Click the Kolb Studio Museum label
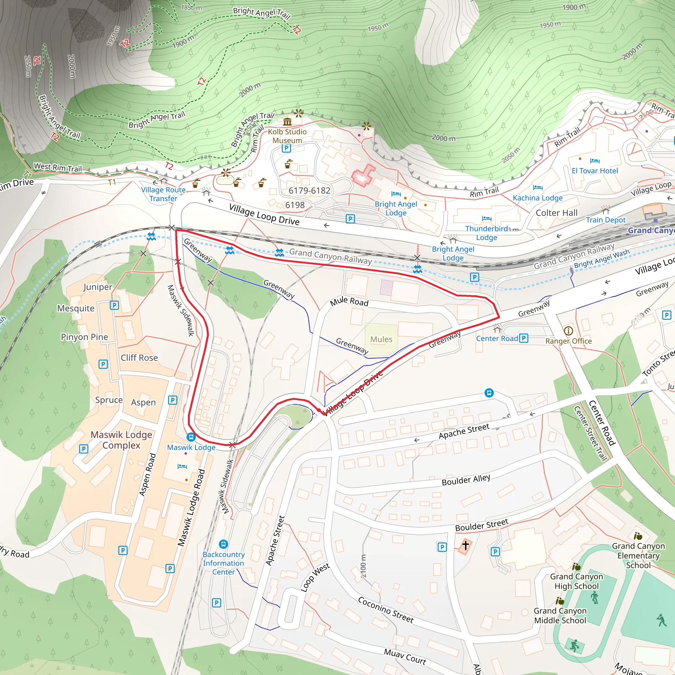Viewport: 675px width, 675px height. [x=287, y=136]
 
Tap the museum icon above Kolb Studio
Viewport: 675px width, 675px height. [x=287, y=122]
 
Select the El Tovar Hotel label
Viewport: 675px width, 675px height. [x=595, y=171]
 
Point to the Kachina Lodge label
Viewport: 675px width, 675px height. [x=537, y=198]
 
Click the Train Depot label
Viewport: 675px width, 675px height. [x=605, y=220]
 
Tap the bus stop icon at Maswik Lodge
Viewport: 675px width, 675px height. [x=191, y=437]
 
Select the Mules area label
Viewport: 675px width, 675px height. [x=381, y=339]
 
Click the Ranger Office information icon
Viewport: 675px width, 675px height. [x=568, y=331]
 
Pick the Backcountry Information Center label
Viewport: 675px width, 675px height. [x=223, y=563]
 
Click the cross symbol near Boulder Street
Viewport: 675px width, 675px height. [x=465, y=545]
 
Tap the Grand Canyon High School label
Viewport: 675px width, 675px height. [x=576, y=581]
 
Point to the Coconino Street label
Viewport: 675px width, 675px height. [x=386, y=610]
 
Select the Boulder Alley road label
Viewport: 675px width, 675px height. [x=466, y=480]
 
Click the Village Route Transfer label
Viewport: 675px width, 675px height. [x=163, y=194]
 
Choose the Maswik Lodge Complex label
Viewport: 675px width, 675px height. [x=121, y=440]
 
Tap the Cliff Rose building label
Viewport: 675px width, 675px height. [x=139, y=357]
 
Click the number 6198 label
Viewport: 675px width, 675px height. [x=295, y=205]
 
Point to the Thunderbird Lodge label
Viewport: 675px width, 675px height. [x=486, y=233]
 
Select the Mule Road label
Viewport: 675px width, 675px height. [x=349, y=302]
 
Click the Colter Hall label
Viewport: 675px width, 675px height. [x=556, y=213]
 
